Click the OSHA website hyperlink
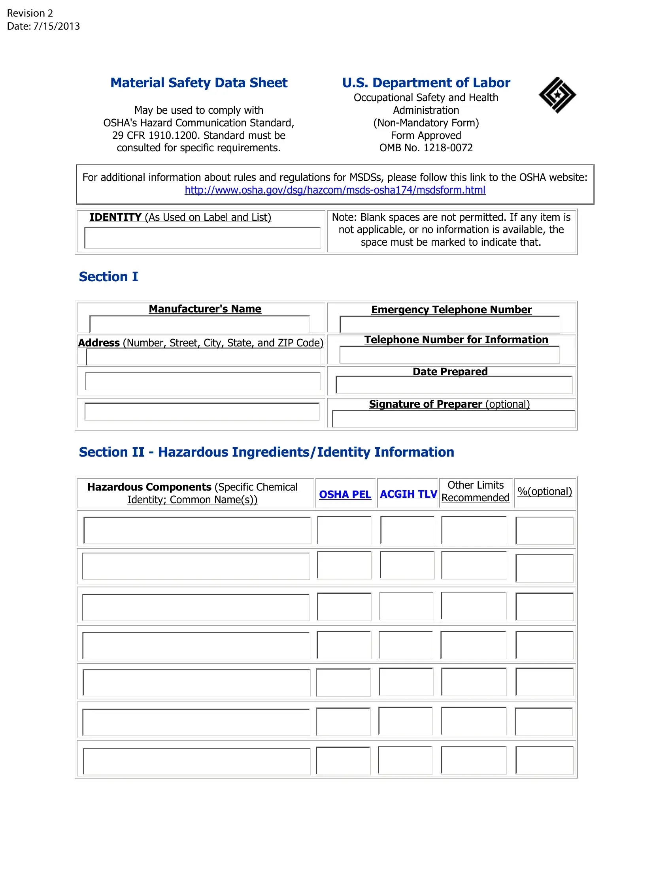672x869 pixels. tap(335, 190)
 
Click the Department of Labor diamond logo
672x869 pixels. tap(557, 95)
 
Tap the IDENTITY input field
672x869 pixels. tap(202, 238)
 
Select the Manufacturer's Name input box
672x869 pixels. tap(200, 324)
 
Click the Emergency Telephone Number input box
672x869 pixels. tap(449, 325)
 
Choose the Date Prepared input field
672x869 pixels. tap(454, 385)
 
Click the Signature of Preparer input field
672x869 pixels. tap(453, 419)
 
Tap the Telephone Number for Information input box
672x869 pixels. tap(449, 355)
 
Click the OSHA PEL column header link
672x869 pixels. tap(345, 494)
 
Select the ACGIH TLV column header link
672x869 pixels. tap(408, 494)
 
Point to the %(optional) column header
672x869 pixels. tap(545, 491)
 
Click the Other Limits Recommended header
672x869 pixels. tap(475, 491)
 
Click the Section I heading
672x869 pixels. tap(108, 276)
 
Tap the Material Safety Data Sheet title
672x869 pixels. tap(199, 83)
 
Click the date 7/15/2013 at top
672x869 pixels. tap(57, 26)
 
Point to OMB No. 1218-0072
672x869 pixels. tap(426, 148)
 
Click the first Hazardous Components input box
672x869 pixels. tap(197, 530)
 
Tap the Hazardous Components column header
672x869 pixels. tap(192, 493)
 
